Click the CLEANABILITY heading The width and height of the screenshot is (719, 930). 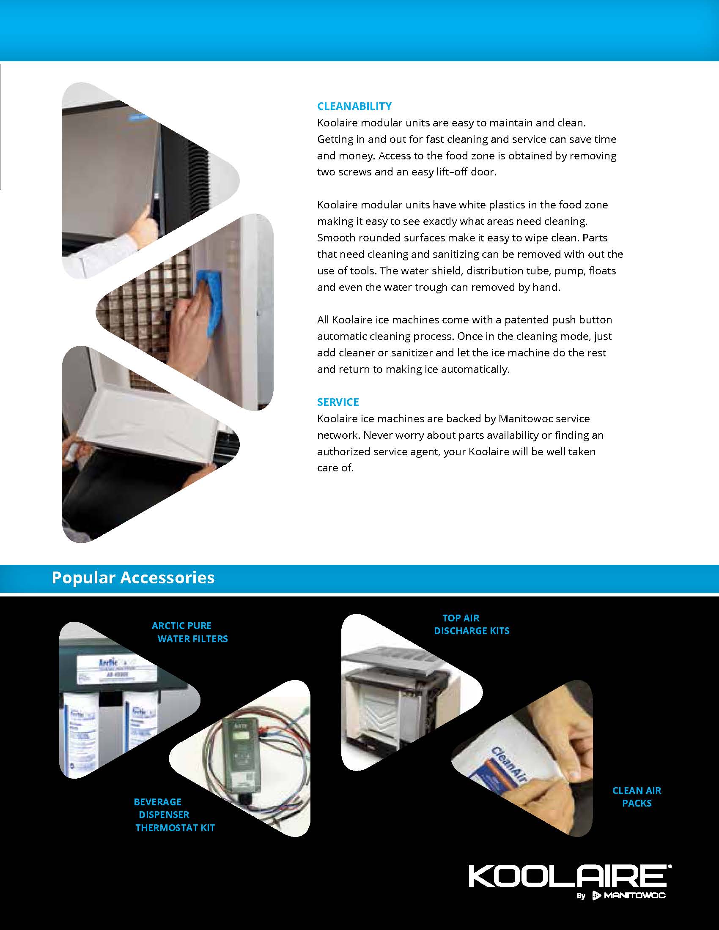click(x=354, y=106)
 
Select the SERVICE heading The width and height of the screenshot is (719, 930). click(x=338, y=402)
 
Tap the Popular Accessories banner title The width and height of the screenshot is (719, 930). click(x=133, y=578)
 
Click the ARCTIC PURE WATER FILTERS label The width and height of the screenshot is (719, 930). click(x=190, y=632)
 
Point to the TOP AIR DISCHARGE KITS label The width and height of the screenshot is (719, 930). click(x=471, y=624)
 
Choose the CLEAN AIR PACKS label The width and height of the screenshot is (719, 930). click(x=637, y=797)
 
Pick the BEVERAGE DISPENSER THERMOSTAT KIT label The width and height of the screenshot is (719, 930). click(x=174, y=815)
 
